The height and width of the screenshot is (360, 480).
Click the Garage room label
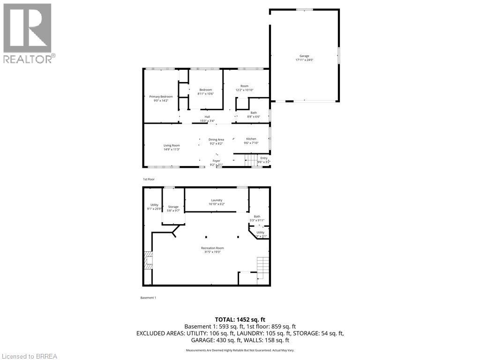[x=304, y=56]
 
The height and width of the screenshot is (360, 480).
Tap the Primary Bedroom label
[x=161, y=97]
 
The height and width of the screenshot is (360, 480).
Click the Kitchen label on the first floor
[x=251, y=139]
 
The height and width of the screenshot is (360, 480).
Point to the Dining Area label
[x=216, y=140]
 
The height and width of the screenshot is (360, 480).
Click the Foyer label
[x=216, y=161]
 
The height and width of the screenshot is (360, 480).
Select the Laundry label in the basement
[x=216, y=200]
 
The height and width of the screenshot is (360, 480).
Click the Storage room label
[x=173, y=207]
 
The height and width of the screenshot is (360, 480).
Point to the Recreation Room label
[x=212, y=248]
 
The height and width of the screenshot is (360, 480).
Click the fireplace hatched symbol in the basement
[x=148, y=261]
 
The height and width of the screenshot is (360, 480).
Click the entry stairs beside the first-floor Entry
[x=251, y=160]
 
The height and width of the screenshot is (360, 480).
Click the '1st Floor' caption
[x=149, y=180]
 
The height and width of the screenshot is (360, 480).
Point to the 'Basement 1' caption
[x=148, y=298]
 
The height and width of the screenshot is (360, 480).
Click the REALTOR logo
[x=28, y=33]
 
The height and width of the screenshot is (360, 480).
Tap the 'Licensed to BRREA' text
[x=29, y=356]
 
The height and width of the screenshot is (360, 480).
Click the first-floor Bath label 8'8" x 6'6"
[x=254, y=114]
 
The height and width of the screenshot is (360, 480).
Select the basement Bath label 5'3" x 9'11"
[x=257, y=218]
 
